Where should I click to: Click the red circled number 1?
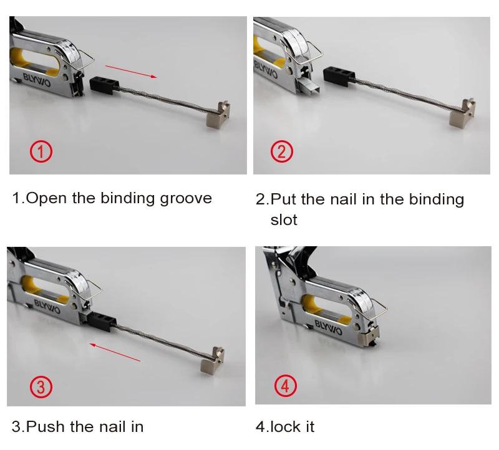[x=41, y=151]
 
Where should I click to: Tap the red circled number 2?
[x=282, y=151]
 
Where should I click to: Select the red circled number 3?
[x=41, y=386]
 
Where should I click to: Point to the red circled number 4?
[x=286, y=386]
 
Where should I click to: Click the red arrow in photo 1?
[x=131, y=71]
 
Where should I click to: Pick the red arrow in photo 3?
[x=115, y=352]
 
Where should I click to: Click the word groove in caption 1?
[x=186, y=199]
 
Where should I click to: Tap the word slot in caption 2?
[x=284, y=220]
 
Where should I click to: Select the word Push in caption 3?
[x=45, y=426]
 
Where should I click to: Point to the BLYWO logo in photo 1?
[x=37, y=80]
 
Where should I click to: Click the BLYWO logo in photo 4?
[x=329, y=327]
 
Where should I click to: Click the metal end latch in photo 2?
[x=462, y=113]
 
